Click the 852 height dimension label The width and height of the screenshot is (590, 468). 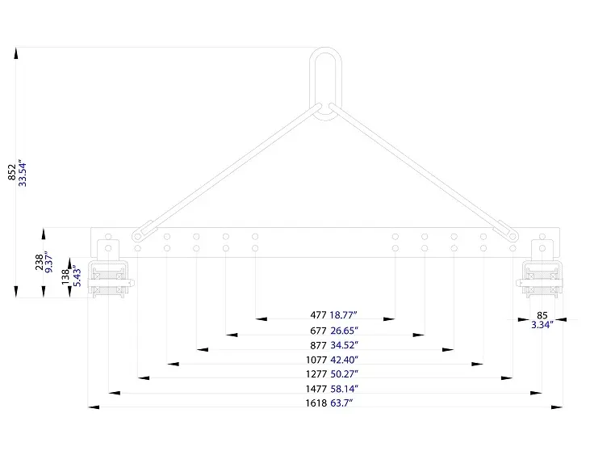pyautogui.click(x=12, y=172)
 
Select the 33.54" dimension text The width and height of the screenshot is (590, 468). pyautogui.click(x=23, y=173)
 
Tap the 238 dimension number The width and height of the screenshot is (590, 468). pyautogui.click(x=39, y=262)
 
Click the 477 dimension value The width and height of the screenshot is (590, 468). pyautogui.click(x=318, y=314)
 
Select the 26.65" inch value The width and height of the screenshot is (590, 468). pyautogui.click(x=345, y=331)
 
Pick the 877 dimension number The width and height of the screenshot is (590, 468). pyautogui.click(x=318, y=345)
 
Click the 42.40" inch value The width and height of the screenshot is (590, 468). pyautogui.click(x=345, y=360)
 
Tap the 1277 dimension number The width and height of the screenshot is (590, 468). pyautogui.click(x=316, y=374)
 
